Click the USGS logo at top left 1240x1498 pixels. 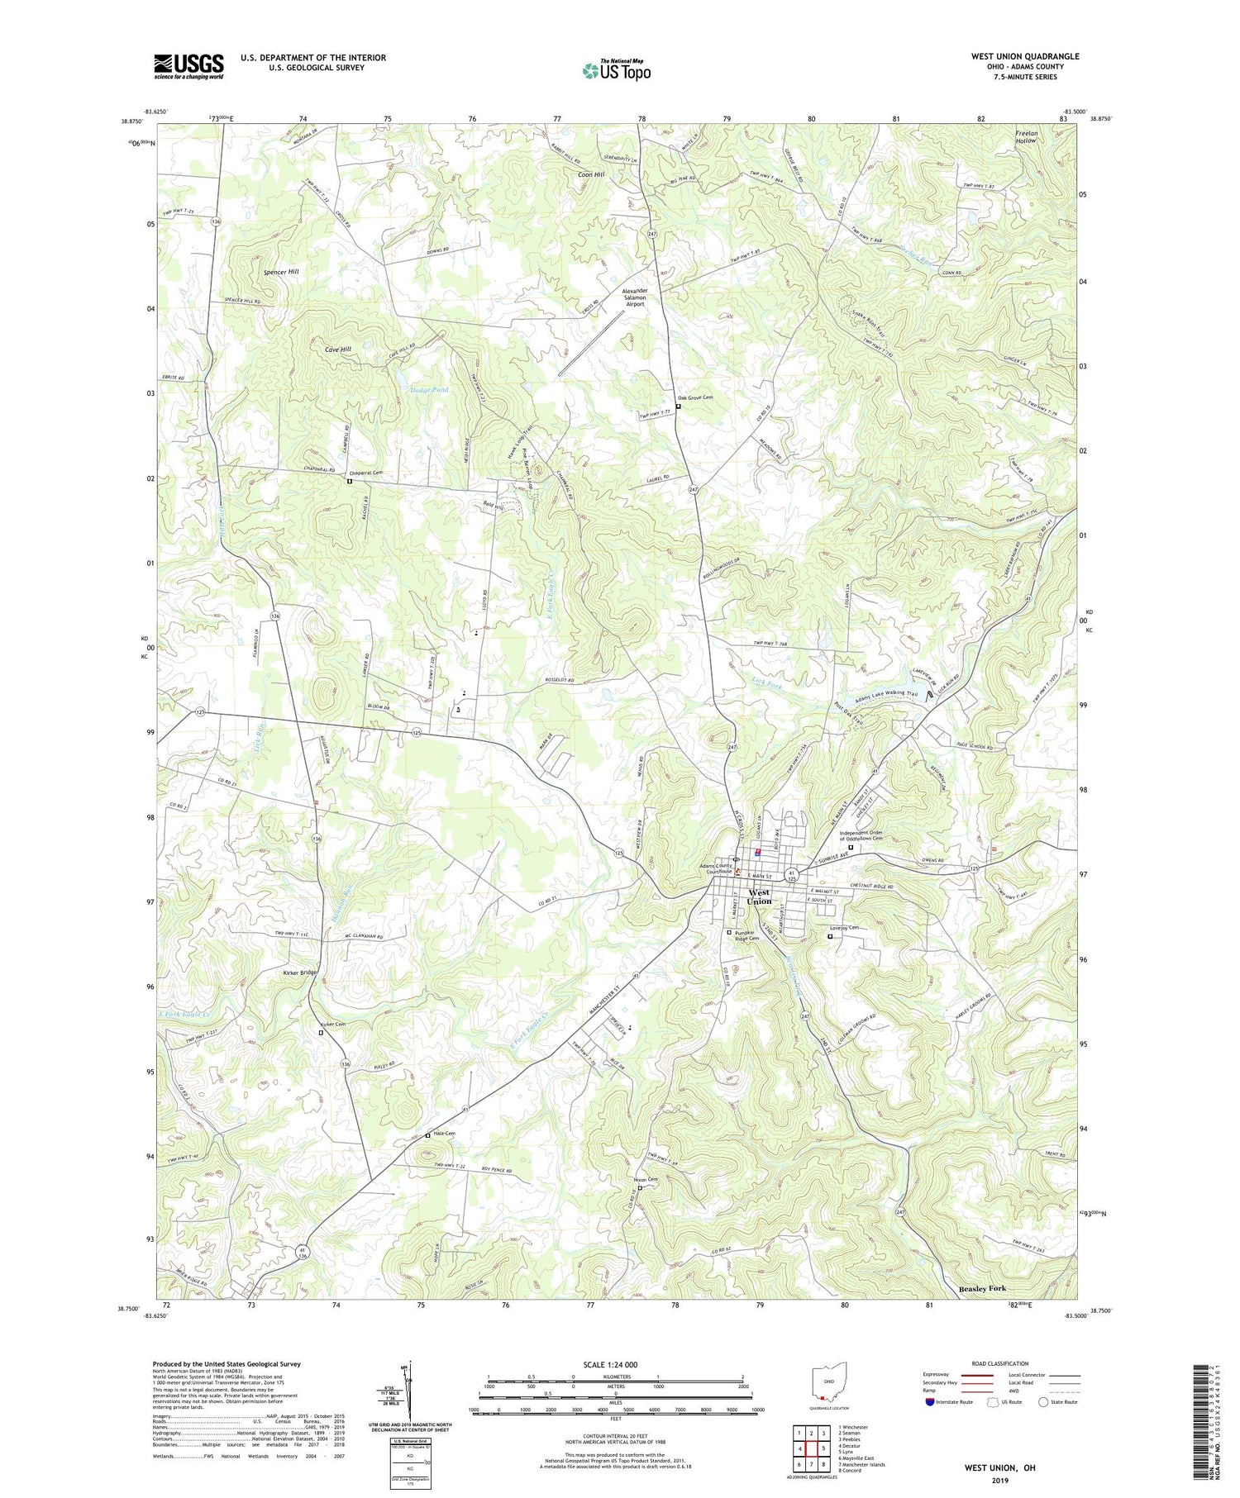tap(188, 66)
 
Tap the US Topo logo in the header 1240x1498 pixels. tap(617, 70)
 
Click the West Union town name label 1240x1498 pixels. tap(759, 896)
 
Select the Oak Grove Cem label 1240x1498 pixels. tap(697, 397)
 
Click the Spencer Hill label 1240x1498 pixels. tap(281, 271)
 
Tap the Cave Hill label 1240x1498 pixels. tap(337, 350)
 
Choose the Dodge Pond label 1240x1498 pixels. tap(429, 389)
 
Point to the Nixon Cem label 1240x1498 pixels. tap(646, 1179)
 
